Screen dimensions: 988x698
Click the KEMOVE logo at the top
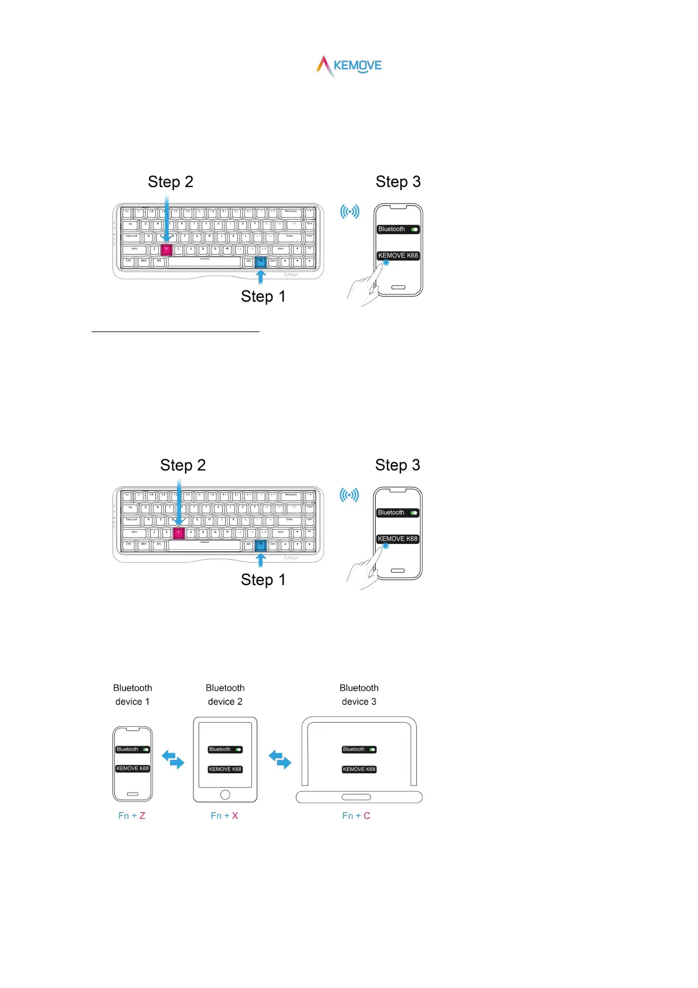pyautogui.click(x=349, y=66)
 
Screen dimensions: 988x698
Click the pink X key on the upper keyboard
pyautogui.click(x=166, y=249)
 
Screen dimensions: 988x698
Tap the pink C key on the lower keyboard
pyautogui.click(x=179, y=533)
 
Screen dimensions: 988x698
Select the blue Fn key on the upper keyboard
pyautogui.click(x=261, y=262)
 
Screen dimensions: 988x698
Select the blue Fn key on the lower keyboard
pyautogui.click(x=261, y=545)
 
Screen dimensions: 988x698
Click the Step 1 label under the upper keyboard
pyautogui.click(x=263, y=296)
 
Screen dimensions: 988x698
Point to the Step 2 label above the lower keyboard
pyautogui.click(x=183, y=465)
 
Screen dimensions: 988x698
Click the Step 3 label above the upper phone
pyautogui.click(x=398, y=182)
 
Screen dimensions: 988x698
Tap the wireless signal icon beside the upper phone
pyautogui.click(x=350, y=211)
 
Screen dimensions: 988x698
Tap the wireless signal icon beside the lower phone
pyautogui.click(x=349, y=495)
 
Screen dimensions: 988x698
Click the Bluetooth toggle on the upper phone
pyautogui.click(x=414, y=229)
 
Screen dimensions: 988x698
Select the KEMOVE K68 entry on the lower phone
pyautogui.click(x=397, y=539)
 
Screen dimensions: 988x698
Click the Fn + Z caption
pyautogui.click(x=132, y=816)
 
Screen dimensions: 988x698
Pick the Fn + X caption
pyautogui.click(x=224, y=816)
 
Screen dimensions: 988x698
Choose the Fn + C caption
pyautogui.click(x=356, y=816)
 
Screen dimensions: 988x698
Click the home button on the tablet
pyautogui.click(x=225, y=794)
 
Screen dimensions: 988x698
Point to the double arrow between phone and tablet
pyautogui.click(x=173, y=759)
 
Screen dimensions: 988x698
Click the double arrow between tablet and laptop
pyautogui.click(x=280, y=759)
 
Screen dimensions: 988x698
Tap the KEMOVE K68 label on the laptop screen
pyautogui.click(x=359, y=769)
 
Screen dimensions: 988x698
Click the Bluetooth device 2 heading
pyautogui.click(x=225, y=695)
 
